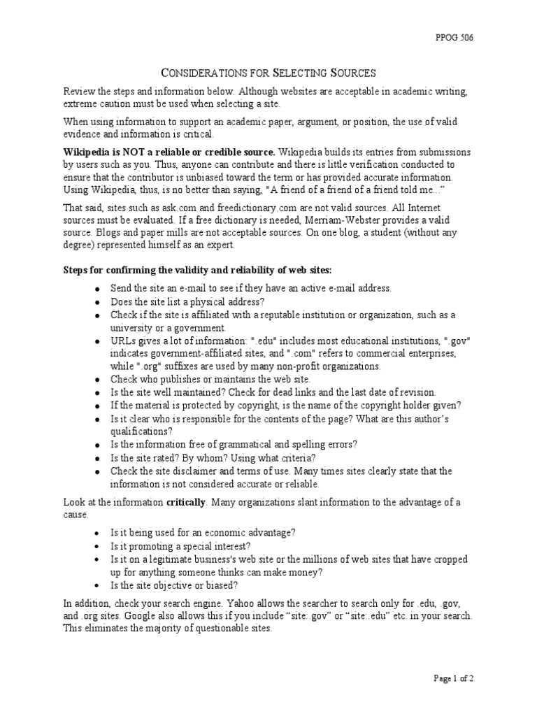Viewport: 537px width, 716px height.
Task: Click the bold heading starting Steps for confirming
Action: (x=198, y=270)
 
